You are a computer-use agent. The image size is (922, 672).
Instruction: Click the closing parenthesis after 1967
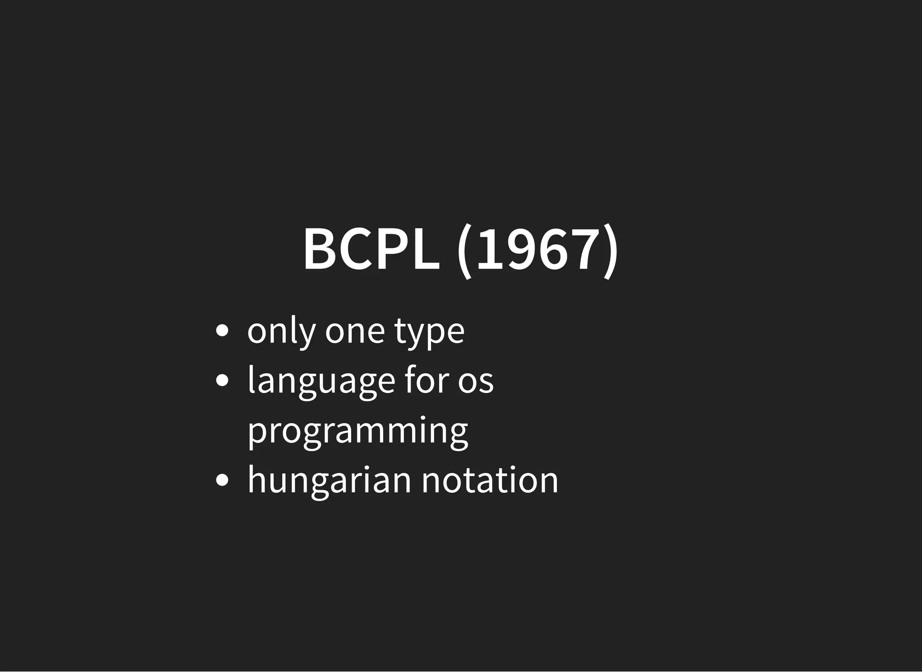tap(611, 251)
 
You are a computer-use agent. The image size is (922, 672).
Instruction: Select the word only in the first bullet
tap(281, 332)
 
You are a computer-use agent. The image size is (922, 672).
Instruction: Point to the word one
tap(355, 332)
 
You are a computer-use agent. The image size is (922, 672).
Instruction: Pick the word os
tap(476, 382)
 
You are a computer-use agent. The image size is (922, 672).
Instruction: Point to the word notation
tap(490, 480)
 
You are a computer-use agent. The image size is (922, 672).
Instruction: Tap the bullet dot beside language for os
tap(222, 381)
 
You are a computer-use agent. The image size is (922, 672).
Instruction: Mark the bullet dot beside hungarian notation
tap(222, 480)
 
